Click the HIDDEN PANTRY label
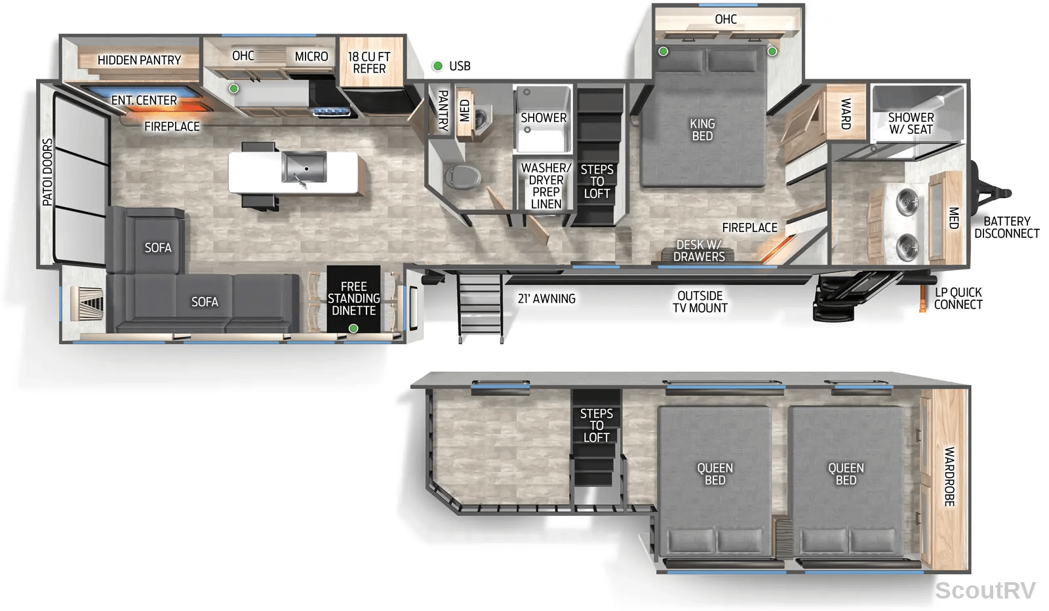point(139,60)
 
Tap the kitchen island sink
point(304,167)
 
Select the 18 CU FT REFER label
point(369,62)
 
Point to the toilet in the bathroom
point(462,176)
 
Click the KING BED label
point(702,130)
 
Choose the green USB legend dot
point(437,66)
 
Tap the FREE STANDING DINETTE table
point(353,299)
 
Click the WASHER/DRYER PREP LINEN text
point(546,186)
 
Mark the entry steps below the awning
point(480,308)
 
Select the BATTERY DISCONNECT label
point(1007,227)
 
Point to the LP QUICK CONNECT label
point(958,298)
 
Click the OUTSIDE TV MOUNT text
point(700,302)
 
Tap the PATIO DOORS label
point(47,172)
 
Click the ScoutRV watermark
point(985,591)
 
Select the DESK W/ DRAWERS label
point(699,250)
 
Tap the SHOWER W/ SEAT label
point(911,123)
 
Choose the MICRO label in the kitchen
point(311,56)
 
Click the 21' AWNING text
point(547,299)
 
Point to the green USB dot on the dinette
point(353,328)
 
